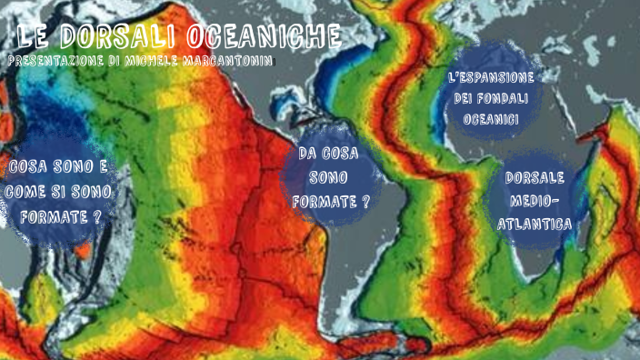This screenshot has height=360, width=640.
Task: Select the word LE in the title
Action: coord(34,37)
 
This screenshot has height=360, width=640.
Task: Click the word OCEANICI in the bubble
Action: coord(491,119)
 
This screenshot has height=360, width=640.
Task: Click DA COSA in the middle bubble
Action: coord(328,153)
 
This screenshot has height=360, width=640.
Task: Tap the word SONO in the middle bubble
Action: coord(328,177)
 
